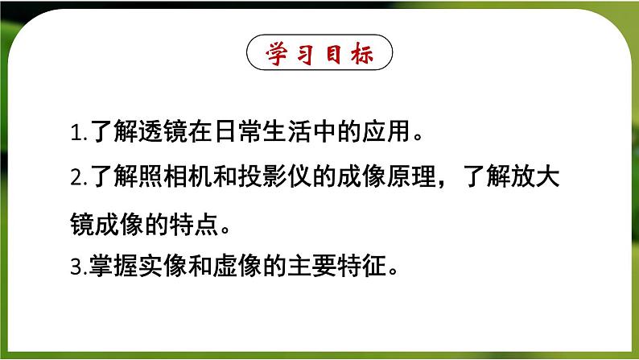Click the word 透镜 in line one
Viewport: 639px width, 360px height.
(146, 133)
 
